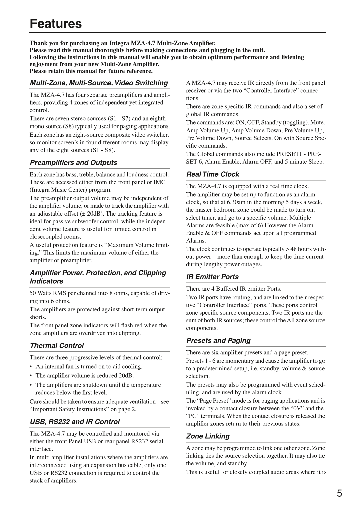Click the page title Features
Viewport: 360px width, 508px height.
point(56,24)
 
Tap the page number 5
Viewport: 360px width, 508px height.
point(339,493)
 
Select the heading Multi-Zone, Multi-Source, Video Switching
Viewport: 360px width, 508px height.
point(99,83)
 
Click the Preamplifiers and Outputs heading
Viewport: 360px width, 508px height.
point(73,163)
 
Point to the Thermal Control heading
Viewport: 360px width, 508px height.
point(57,346)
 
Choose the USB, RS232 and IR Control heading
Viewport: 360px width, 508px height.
point(74,422)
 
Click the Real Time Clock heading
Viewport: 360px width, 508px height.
point(213,174)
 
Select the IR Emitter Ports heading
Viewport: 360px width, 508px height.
point(212,277)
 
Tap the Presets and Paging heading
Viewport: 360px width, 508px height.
point(218,341)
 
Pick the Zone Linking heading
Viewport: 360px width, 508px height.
point(208,436)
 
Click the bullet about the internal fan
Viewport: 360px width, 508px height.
point(89,366)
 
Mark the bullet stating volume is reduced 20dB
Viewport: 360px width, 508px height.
point(84,375)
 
